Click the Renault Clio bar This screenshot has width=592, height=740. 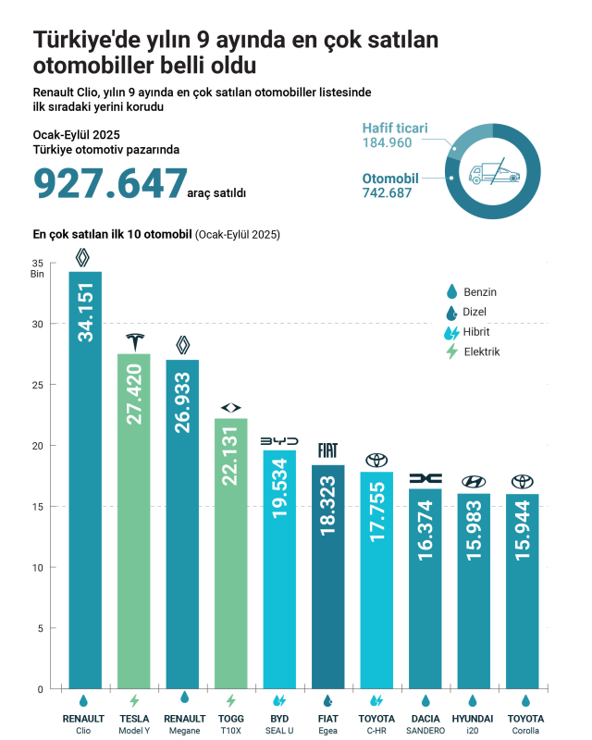[85, 481]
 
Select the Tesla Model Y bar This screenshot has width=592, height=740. [134, 518]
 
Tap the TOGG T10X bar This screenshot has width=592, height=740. [230, 555]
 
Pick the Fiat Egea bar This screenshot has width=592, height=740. [327, 573]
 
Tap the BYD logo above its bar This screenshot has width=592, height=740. [279, 440]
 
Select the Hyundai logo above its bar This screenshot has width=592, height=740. [474, 481]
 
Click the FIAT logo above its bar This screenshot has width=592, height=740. [327, 450]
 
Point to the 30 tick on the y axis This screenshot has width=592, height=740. [38, 324]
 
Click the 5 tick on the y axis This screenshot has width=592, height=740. [40, 628]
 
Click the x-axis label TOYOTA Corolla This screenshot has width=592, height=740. [526, 724]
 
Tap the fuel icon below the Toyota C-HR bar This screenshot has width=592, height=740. [376, 700]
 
